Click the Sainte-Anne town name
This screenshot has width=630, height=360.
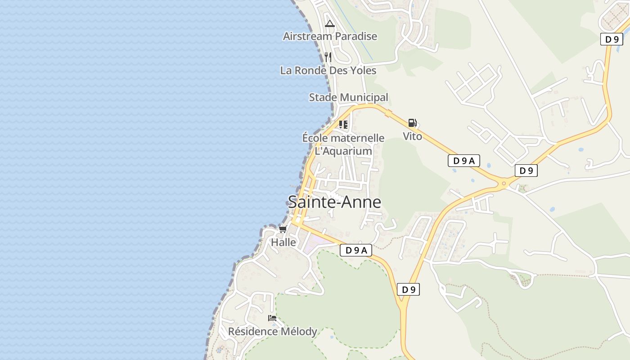coord(334,202)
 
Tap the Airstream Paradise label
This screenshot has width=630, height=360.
coord(330,36)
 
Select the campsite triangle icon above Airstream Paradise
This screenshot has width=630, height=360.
coord(330,24)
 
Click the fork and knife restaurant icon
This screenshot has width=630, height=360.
coord(328,57)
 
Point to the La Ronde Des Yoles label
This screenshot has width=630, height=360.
coord(328,71)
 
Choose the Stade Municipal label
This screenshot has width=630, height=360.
coord(348,97)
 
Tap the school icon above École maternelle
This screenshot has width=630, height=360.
coord(343,124)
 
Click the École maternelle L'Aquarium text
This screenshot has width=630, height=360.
coord(343,144)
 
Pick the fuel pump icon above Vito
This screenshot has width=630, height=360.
coord(412,122)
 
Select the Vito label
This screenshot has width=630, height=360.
coord(412,136)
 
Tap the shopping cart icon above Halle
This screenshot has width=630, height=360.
coord(283,229)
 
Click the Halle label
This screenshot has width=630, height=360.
coord(283,242)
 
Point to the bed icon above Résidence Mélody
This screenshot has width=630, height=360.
coord(272,318)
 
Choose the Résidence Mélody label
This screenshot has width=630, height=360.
coord(273,332)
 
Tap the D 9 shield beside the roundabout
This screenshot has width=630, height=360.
coord(526,171)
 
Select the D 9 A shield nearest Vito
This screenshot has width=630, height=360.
coord(463,161)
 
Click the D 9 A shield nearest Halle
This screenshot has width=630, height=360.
coord(355,250)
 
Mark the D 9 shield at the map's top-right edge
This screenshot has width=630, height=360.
coord(612,39)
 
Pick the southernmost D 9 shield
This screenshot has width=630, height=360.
coord(408,289)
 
